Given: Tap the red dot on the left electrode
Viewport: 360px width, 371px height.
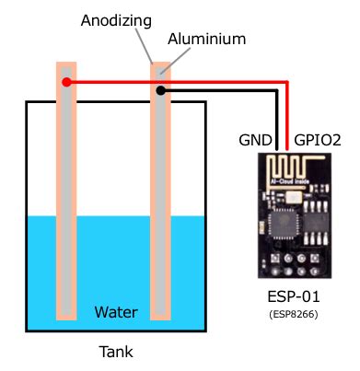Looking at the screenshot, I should coord(66,83).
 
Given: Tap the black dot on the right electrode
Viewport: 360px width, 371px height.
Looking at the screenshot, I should coord(161,90).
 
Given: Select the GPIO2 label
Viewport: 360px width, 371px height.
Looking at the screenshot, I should coord(318,141).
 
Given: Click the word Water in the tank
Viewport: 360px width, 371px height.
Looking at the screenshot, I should coord(116,312).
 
